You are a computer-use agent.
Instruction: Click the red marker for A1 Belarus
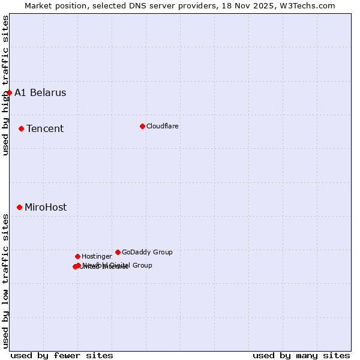point(10,92)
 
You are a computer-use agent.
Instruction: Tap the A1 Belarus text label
point(40,93)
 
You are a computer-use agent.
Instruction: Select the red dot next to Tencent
point(21,128)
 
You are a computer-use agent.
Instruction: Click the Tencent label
point(45,129)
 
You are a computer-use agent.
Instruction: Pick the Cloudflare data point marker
point(142,126)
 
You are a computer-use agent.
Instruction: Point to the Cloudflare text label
point(163,127)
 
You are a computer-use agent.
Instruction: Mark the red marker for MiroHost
point(19,207)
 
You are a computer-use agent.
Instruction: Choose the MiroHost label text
point(46,208)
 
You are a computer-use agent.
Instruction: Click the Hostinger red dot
point(77,256)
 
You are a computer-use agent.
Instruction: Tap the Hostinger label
point(97,257)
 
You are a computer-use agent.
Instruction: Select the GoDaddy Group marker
point(118,252)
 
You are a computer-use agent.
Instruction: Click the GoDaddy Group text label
point(147,253)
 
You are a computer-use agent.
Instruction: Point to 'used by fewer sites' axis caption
point(62,355)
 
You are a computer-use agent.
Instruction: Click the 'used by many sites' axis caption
point(301,355)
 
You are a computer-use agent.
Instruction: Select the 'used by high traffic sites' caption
point(6,85)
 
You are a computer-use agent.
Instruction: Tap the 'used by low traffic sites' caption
point(6,281)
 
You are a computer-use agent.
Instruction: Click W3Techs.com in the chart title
point(310,5)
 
